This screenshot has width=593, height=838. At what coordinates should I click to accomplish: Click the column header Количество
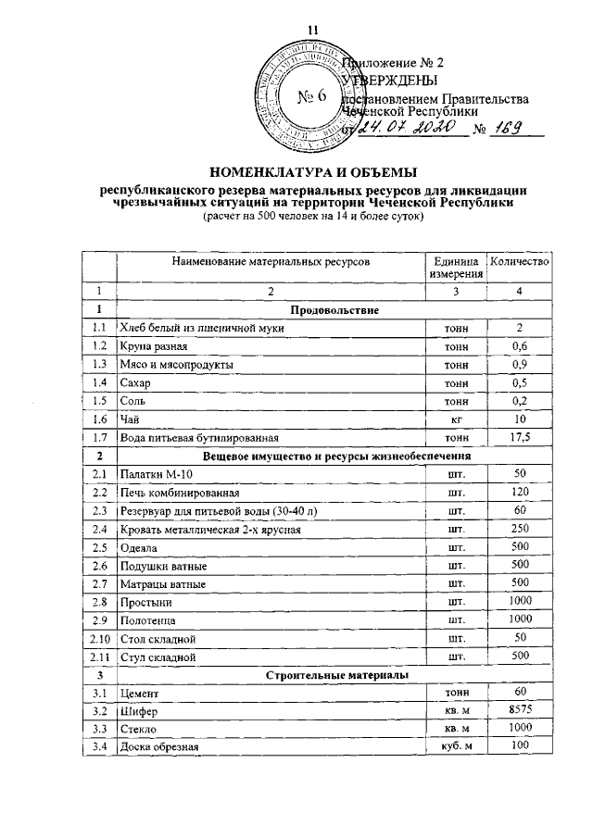[519, 263]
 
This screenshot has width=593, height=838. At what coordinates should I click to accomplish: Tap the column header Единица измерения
[455, 269]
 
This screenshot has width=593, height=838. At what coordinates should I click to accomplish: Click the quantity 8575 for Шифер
[520, 709]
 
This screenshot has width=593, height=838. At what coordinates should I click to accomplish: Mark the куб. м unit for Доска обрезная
[455, 746]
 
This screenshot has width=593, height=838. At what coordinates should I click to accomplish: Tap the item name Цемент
[141, 693]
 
